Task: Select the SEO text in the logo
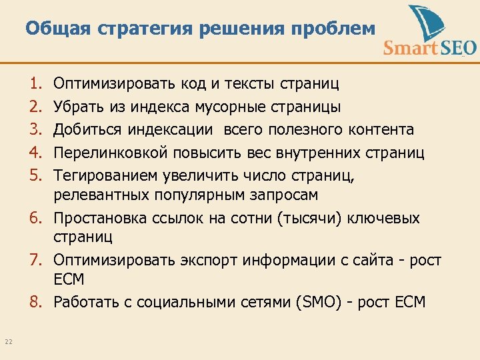[455, 48]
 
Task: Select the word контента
[383, 129]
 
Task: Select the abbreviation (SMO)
[322, 302]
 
